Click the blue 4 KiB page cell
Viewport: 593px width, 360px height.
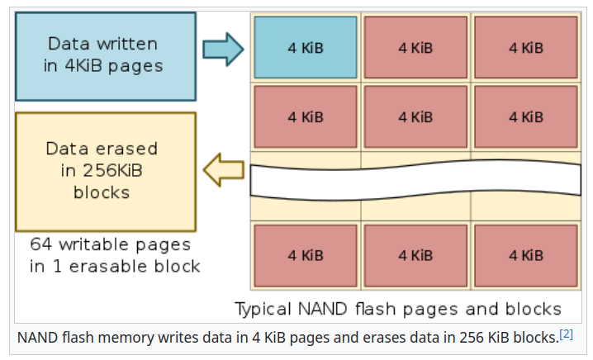point(306,48)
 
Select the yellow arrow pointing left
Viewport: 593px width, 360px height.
point(223,170)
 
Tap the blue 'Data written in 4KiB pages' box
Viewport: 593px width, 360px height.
point(105,55)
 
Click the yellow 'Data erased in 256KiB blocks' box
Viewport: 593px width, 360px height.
point(105,171)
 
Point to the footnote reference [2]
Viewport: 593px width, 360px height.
point(566,334)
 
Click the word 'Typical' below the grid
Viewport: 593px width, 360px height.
point(263,310)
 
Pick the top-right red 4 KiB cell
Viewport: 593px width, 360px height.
point(526,48)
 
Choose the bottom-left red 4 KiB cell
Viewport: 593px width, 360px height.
point(306,255)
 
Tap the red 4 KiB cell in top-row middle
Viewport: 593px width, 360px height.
point(415,48)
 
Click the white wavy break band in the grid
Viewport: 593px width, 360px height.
point(415,179)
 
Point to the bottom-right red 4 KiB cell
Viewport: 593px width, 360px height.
point(526,255)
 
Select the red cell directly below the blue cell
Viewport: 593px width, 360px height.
point(306,116)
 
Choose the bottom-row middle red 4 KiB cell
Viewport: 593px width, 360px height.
point(415,255)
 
